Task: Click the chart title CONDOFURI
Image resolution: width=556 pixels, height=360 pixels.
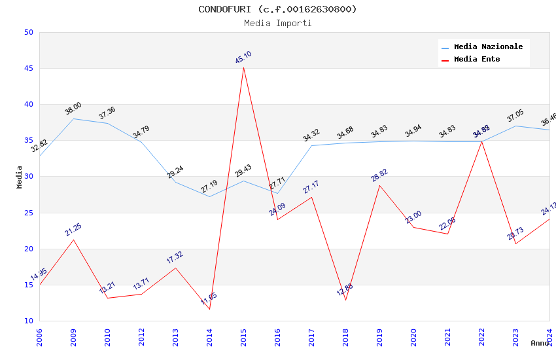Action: coord(277,9)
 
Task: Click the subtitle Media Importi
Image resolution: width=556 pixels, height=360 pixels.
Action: coord(277,23)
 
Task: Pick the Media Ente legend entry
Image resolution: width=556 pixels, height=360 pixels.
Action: coord(477,60)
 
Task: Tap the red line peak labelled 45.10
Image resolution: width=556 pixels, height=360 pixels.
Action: coord(243,67)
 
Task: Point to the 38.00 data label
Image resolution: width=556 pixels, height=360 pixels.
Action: coord(73,109)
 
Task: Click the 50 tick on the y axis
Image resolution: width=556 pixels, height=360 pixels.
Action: coord(28,33)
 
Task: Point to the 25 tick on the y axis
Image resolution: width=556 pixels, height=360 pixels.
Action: coord(28,213)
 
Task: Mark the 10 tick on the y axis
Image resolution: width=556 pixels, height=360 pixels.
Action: coord(28,321)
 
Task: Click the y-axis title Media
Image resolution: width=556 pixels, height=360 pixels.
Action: coord(20,177)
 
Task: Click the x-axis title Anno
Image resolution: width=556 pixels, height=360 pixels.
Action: coord(540,343)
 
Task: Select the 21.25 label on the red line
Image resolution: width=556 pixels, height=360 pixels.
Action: coord(73,230)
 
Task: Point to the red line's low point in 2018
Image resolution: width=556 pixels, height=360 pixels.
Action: coord(345,300)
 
